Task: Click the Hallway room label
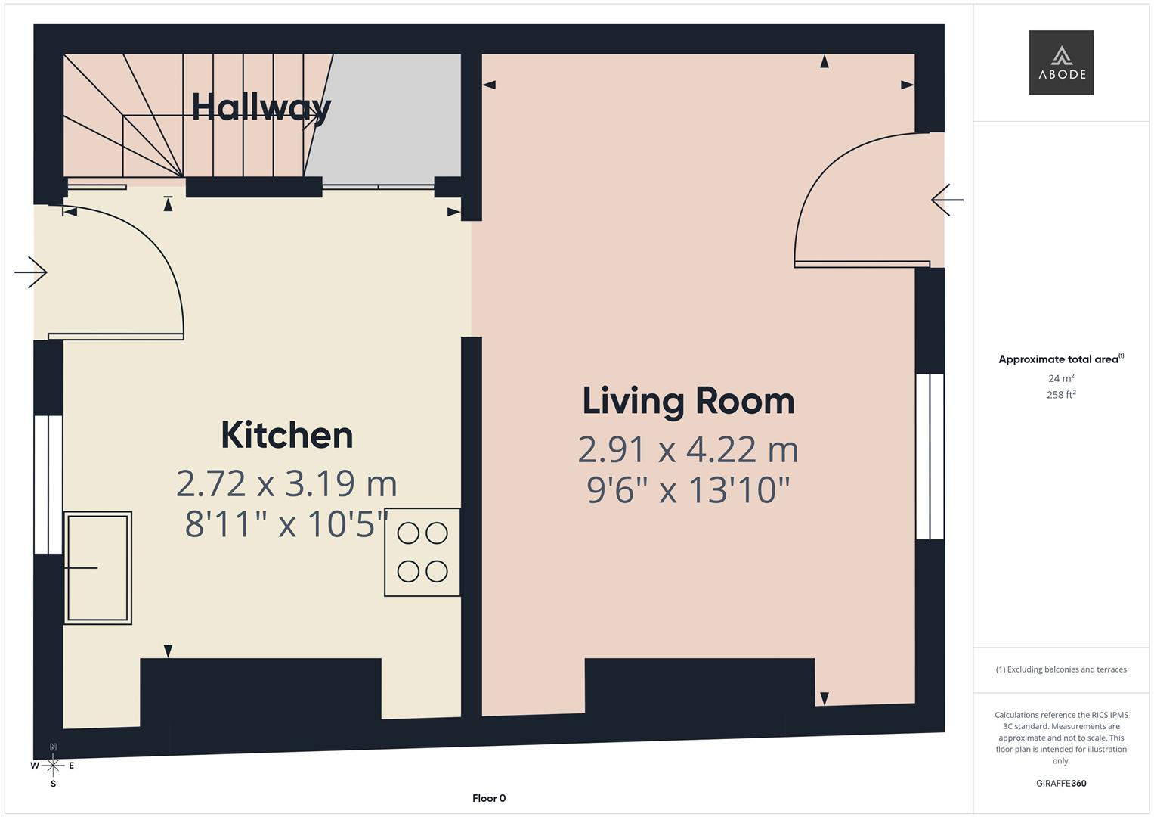point(261,107)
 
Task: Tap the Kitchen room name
point(287,435)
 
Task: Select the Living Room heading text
point(688,401)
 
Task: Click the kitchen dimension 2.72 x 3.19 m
point(287,483)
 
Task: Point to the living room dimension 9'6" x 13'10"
point(688,490)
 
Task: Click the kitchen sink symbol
point(98,567)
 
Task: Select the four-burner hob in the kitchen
point(422,552)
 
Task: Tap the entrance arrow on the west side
point(31,272)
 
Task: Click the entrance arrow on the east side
point(947,200)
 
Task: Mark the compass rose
point(53,766)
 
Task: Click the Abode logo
point(1061,62)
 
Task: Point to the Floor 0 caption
point(489,798)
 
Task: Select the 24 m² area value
point(1061,378)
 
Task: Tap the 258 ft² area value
point(1061,395)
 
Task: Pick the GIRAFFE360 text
point(1061,784)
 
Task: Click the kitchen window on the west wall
point(48,484)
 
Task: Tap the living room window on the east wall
point(930,456)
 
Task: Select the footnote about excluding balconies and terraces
point(1061,669)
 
